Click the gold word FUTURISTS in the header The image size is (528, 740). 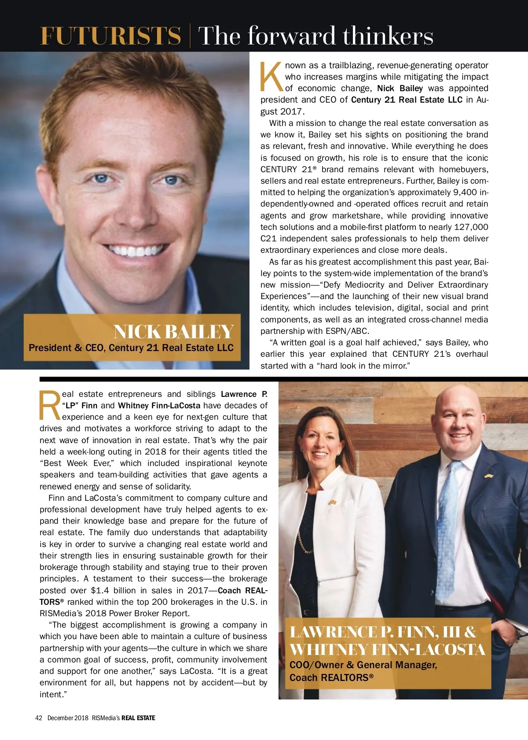[x=110, y=36]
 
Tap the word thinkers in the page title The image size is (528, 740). [x=388, y=36]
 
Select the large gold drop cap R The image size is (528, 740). [x=50, y=405]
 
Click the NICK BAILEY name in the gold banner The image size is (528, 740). [x=173, y=332]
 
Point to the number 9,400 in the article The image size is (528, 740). [x=464, y=192]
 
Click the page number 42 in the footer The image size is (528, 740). [x=39, y=718]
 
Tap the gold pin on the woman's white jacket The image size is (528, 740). [x=332, y=502]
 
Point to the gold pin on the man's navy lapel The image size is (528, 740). [x=488, y=476]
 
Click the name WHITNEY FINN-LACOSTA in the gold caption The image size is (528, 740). [x=387, y=649]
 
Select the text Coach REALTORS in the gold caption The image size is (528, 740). [x=331, y=677]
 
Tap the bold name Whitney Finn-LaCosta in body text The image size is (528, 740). [x=159, y=406]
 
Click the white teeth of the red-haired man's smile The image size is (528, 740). [x=134, y=250]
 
